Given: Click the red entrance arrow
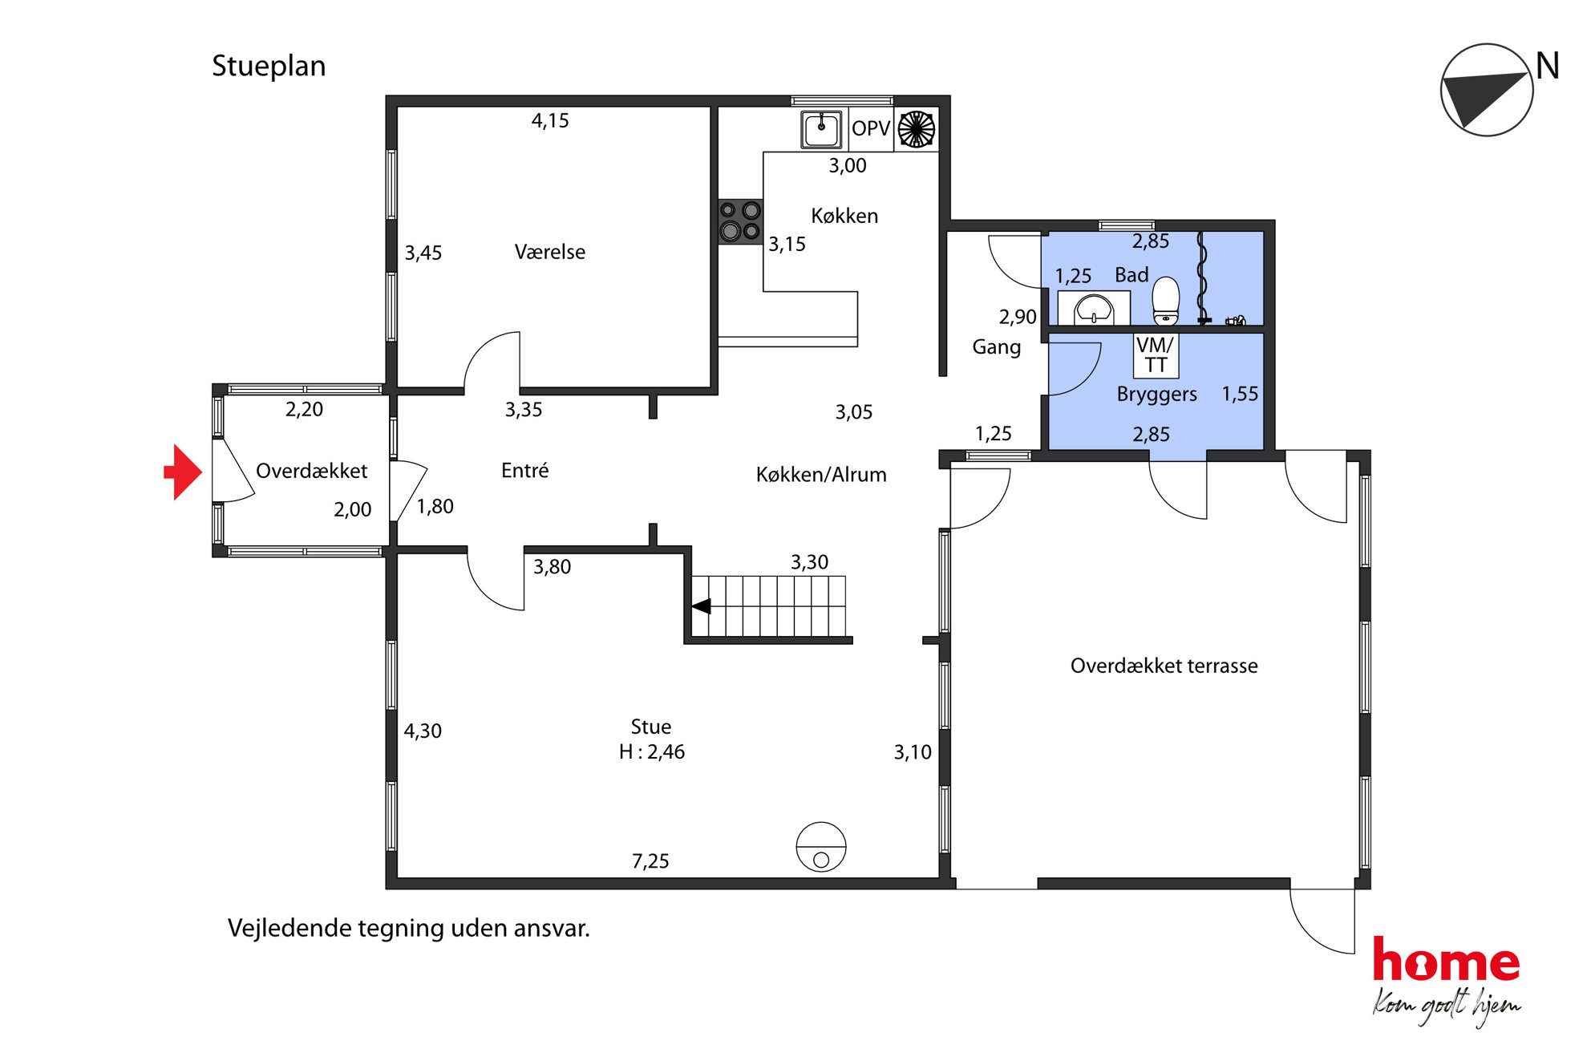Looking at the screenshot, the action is pos(183,472).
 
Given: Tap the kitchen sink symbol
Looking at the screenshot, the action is pos(821,129).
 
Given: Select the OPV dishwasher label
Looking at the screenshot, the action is pos(871,128).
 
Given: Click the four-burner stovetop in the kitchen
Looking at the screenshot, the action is pos(739,221).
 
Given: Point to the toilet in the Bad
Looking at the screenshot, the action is pos(1165,300).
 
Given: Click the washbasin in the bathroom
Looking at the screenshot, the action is pos(1094,309).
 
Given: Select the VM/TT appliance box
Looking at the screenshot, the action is pos(1155,354).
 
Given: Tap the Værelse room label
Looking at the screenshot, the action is pos(550,252).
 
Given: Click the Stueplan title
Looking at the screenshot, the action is pos(269,67).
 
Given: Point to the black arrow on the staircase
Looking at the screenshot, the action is pos(701,606).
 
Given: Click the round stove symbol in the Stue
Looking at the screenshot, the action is pos(821,847).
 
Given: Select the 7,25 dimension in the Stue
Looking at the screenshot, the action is pos(650,861).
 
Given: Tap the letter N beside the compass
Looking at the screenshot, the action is pos(1547,66).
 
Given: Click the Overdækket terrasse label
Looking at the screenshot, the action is pos(1164,666).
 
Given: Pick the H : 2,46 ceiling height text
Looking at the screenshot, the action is pos(652,752).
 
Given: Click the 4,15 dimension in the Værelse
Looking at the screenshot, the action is pos(550,121).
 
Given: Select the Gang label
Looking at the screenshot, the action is pos(997,348).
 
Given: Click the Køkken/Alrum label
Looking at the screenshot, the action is pos(821,475).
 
